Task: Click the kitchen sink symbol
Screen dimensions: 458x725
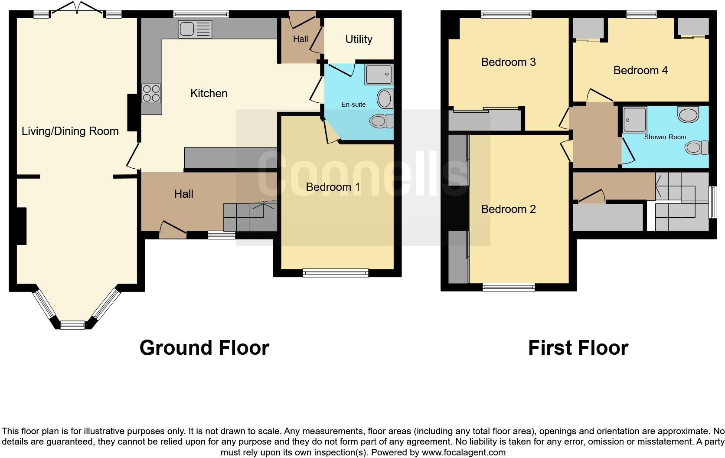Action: [195, 29]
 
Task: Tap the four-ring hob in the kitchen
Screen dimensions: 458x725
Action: [151, 93]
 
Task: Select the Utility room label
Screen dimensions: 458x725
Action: [359, 39]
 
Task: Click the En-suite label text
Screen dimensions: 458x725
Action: [353, 105]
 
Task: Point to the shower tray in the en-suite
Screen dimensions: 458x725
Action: [379, 75]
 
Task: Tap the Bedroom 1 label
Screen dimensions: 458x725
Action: [333, 187]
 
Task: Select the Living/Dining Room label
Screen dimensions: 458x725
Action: [70, 131]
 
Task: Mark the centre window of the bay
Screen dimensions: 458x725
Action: [72, 324]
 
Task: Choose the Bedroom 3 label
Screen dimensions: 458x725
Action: [508, 62]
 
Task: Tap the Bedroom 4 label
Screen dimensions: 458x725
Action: [640, 70]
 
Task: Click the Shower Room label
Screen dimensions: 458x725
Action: [665, 137]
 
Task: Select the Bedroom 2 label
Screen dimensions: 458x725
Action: [508, 209]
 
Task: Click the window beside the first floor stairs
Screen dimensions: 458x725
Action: [712, 202]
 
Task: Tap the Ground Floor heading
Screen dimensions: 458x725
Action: [204, 348]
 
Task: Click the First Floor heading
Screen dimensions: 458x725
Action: [578, 348]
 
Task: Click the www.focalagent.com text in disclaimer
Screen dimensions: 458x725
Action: [463, 452]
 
